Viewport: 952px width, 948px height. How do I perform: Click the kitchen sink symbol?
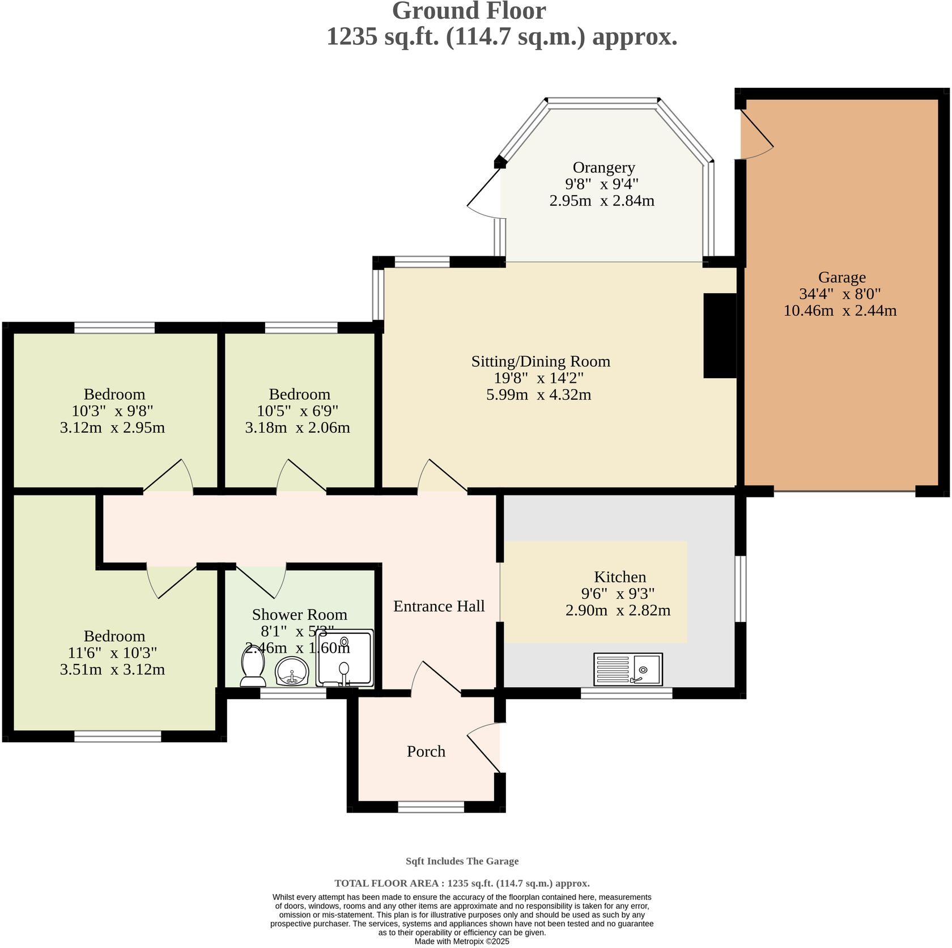[x=628, y=669]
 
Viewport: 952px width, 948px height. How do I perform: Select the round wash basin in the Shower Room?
[x=292, y=671]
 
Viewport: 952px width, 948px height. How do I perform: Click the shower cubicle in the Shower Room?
[x=345, y=658]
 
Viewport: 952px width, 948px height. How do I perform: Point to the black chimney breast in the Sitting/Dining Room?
[x=719, y=335]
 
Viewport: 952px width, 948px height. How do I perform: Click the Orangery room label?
[x=603, y=167]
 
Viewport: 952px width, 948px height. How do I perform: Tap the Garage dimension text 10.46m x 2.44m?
[x=840, y=310]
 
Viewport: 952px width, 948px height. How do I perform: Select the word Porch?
[x=426, y=751]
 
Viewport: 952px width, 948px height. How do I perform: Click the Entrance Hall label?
[x=439, y=606]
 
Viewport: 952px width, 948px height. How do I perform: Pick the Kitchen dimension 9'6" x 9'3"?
[x=618, y=594]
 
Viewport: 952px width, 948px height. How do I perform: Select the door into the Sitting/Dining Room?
[x=442, y=476]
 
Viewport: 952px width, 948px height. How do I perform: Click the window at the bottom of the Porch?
[x=431, y=807]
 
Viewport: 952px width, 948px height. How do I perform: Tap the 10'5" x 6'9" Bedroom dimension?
[x=297, y=410]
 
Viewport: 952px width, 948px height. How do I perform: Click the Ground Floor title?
[x=469, y=11]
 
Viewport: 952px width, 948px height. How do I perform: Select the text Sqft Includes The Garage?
[x=462, y=861]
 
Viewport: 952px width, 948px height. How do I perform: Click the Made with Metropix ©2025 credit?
[x=462, y=941]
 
